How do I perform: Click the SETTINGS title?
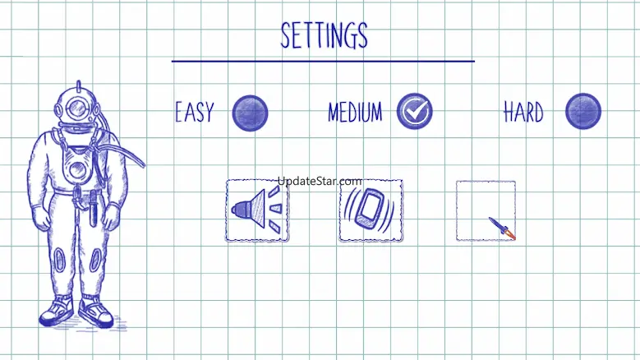click(324, 35)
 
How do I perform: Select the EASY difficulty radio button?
click(250, 113)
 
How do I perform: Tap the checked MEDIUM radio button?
click(414, 111)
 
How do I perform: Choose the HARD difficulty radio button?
click(583, 111)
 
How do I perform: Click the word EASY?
click(194, 113)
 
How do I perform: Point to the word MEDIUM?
click(355, 113)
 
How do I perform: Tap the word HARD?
click(523, 113)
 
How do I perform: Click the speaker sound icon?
click(256, 210)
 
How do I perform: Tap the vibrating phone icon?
click(371, 210)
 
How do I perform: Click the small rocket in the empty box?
click(500, 228)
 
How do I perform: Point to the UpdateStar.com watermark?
click(320, 181)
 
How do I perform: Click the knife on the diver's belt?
click(94, 207)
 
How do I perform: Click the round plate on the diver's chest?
click(76, 171)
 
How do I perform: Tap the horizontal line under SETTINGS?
click(323, 61)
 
